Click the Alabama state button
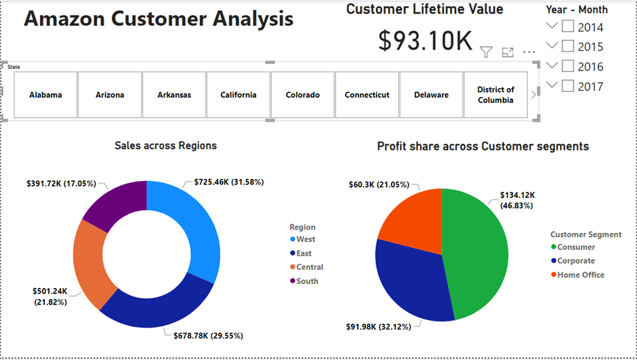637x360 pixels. click(45, 95)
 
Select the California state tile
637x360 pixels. click(239, 95)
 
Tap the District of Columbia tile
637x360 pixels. click(495, 95)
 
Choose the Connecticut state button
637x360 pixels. click(367, 95)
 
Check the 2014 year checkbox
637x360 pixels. click(568, 27)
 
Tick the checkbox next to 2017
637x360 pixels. click(568, 86)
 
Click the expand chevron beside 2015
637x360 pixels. click(552, 46)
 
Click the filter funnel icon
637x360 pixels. click(486, 52)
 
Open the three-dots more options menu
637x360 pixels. click(529, 52)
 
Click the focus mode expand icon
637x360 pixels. click(508, 52)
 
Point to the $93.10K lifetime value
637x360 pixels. click(425, 41)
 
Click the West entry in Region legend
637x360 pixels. click(306, 239)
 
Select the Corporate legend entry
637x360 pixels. click(576, 261)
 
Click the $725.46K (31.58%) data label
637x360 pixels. click(228, 182)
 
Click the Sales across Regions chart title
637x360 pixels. click(166, 146)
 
